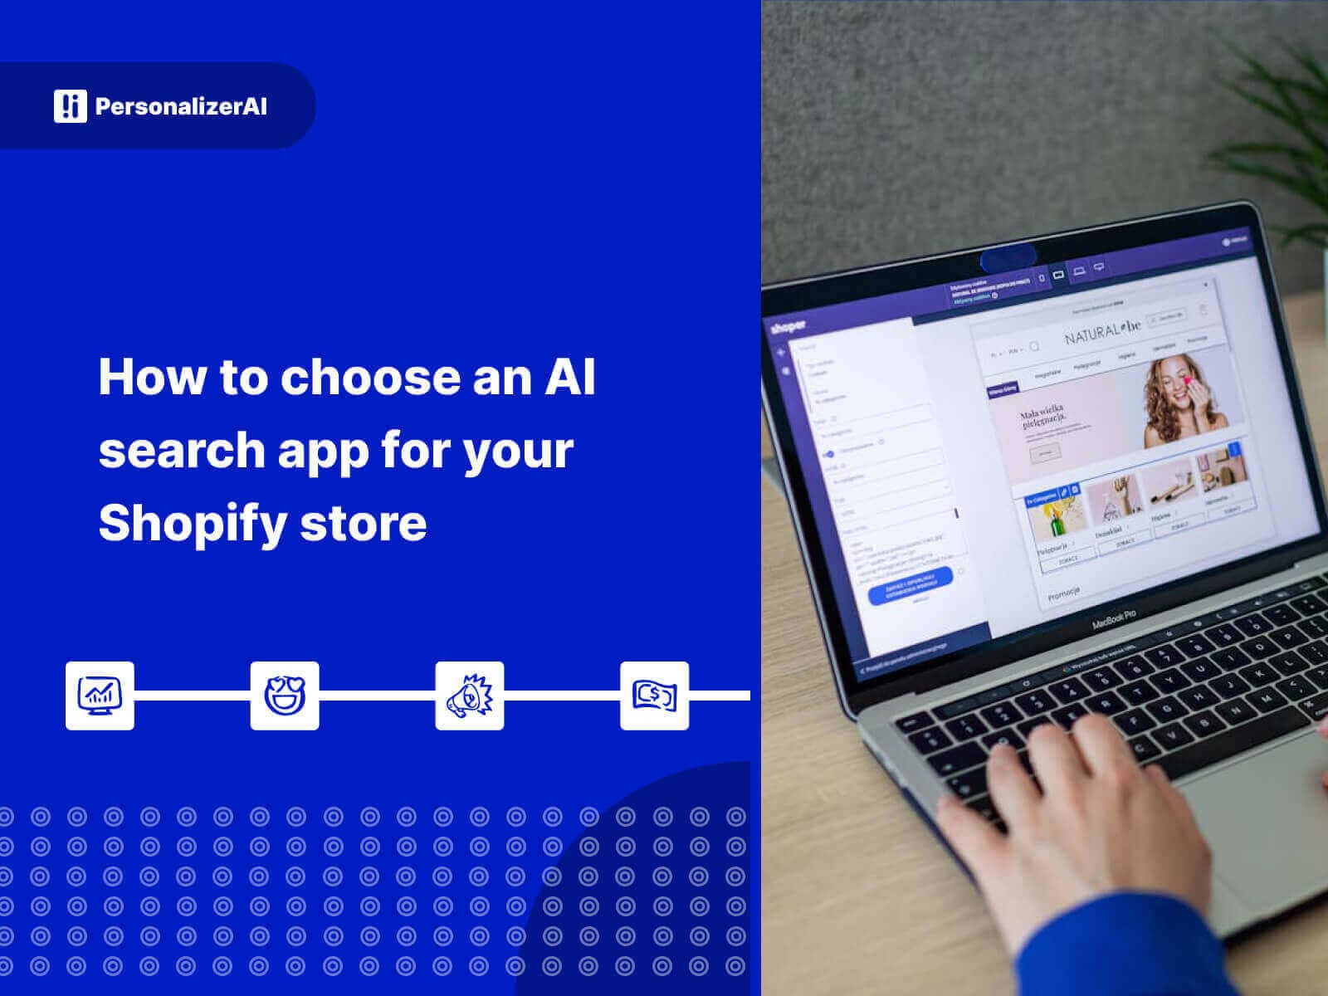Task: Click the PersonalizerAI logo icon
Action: pyautogui.click(x=70, y=106)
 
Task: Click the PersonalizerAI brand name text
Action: pyautogui.click(x=181, y=106)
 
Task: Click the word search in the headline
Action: pyautogui.click(x=181, y=450)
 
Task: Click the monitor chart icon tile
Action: pyautogui.click(x=100, y=696)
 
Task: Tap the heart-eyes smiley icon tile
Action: pyautogui.click(x=285, y=696)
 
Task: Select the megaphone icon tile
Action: pyautogui.click(x=470, y=696)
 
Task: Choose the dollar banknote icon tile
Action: pyautogui.click(x=654, y=696)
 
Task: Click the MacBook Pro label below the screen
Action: pyautogui.click(x=1114, y=618)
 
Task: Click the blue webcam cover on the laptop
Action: pyautogui.click(x=1008, y=258)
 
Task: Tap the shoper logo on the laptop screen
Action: pyautogui.click(x=786, y=326)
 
